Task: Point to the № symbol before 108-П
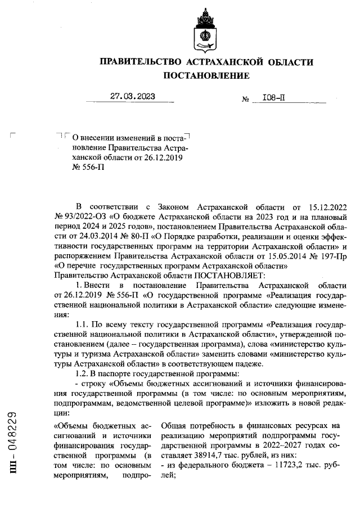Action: (245, 100)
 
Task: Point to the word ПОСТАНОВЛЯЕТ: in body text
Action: (225, 276)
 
